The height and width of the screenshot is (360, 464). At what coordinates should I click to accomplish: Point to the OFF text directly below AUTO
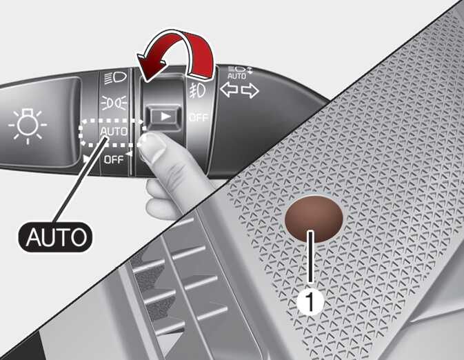pyautogui.click(x=113, y=159)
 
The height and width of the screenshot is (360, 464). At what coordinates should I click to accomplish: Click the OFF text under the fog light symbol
pyautogui.click(x=198, y=117)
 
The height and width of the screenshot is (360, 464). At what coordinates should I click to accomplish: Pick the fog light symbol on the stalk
pyautogui.click(x=196, y=89)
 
